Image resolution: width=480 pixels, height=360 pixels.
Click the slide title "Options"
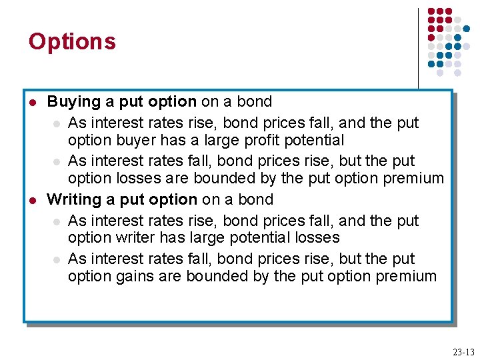pyautogui.click(x=72, y=42)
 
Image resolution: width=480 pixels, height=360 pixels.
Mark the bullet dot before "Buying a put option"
pyautogui.click(x=32, y=103)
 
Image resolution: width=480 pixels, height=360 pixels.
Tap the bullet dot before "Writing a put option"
pyautogui.click(x=32, y=200)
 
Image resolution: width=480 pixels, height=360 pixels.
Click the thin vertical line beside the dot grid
pyautogui.click(x=419, y=47)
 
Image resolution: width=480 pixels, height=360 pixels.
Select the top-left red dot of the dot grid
pyautogui.click(x=431, y=11)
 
